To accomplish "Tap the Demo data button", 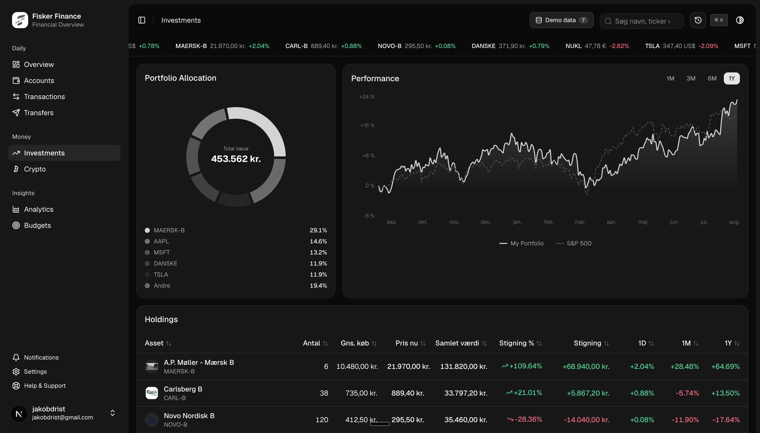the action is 561,20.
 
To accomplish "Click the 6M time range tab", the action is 712,78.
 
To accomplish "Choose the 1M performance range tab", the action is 670,78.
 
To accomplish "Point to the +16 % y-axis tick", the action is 367,125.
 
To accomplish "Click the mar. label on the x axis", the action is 580,222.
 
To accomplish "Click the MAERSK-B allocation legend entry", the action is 169,230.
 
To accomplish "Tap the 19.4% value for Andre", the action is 318,285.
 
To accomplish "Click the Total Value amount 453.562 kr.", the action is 236,159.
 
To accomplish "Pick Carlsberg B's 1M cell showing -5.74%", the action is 687,393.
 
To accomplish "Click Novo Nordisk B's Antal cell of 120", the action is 322,420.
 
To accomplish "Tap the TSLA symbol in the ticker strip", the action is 652,46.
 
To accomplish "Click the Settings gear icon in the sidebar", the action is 16,372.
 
